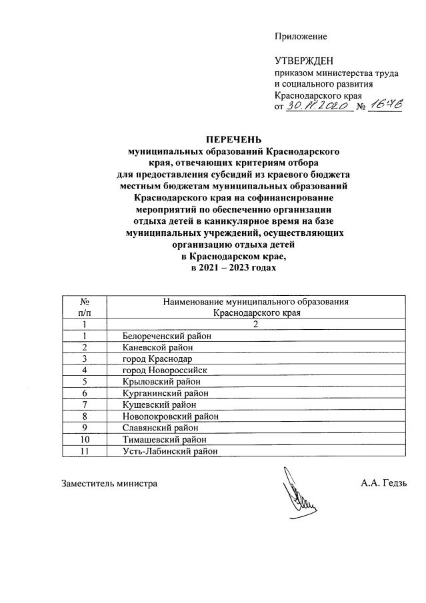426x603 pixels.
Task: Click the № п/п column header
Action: click(x=85, y=306)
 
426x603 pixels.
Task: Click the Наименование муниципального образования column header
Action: click(x=257, y=306)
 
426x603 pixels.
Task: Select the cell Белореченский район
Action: click(x=167, y=336)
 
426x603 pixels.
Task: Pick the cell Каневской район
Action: click(x=157, y=348)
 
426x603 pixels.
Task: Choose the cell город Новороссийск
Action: click(x=165, y=370)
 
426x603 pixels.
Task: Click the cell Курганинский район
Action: click(x=166, y=393)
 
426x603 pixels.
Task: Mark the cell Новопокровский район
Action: click(x=171, y=416)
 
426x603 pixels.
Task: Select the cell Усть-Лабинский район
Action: click(x=170, y=452)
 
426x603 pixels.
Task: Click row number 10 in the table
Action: click(x=85, y=440)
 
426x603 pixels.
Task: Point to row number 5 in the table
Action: click(x=85, y=382)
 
